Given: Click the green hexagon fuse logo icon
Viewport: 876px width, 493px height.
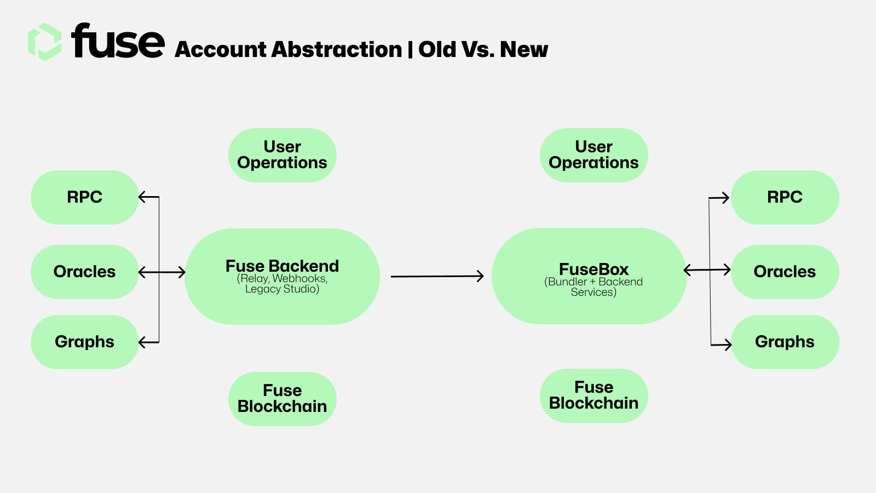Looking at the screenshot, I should [44, 42].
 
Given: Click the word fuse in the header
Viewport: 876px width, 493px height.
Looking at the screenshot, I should [118, 42].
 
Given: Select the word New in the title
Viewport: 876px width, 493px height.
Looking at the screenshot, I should [523, 49].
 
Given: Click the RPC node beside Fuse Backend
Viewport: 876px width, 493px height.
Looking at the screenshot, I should [84, 197].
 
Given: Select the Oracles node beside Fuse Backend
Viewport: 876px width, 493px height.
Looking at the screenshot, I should [84, 272].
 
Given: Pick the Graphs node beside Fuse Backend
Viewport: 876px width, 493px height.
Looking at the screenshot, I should [84, 342].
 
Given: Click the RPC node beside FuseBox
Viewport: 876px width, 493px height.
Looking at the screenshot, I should [785, 197].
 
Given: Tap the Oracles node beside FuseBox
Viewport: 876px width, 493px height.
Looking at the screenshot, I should [785, 272].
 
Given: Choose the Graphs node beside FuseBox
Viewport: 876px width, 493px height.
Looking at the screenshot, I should [785, 342].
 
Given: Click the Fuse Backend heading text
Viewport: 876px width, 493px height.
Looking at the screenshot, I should [282, 266].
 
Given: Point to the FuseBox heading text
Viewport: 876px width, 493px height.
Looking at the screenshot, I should [593, 270].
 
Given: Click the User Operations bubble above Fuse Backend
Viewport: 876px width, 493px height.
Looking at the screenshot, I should [282, 155].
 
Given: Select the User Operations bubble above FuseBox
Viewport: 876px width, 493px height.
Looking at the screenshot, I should [593, 155].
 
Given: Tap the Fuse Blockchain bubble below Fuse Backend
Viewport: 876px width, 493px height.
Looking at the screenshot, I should [282, 399].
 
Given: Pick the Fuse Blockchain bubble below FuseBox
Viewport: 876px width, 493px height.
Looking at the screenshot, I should [593, 395].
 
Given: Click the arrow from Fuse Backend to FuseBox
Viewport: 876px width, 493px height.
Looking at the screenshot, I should [437, 276].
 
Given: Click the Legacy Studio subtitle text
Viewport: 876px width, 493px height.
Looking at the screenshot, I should [282, 289].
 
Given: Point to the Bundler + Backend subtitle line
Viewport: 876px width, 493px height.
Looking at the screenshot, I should [593, 282].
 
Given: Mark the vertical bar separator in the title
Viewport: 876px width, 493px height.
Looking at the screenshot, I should [410, 50].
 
